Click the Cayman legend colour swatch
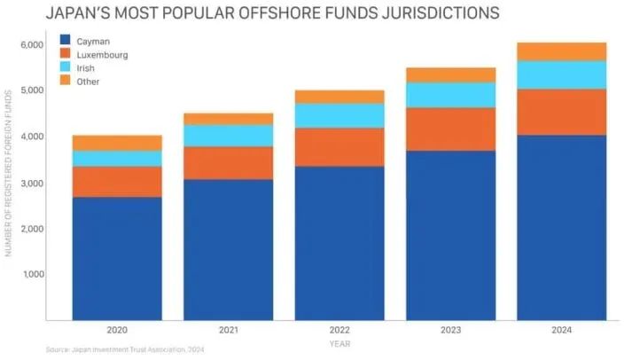click(65, 41)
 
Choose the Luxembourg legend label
click(101, 55)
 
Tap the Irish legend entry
click(86, 68)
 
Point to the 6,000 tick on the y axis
click(31, 44)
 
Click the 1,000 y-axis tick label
click(32, 274)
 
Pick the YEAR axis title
click(340, 343)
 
